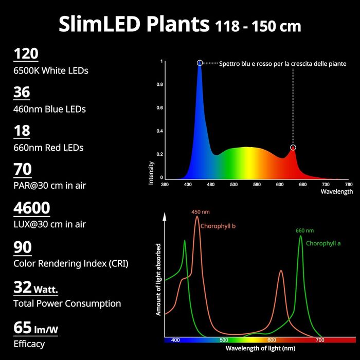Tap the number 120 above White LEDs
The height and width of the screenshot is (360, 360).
[26, 54]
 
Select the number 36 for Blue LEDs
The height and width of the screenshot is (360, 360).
[22, 93]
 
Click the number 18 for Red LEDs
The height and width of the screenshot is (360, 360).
[22, 131]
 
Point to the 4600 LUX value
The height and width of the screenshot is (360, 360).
[32, 208]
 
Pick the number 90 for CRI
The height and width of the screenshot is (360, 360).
[23, 247]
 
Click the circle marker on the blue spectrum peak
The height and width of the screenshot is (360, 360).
[200, 63]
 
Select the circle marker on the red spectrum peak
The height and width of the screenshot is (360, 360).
[293, 148]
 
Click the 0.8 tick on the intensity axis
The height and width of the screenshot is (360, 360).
[160, 85]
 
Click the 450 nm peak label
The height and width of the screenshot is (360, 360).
[201, 212]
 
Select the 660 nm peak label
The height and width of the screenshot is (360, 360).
[304, 231]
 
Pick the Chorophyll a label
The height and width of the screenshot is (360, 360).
[323, 243]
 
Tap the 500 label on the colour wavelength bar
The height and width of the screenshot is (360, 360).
[224, 340]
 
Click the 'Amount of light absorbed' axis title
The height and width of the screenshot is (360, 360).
[159, 279]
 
